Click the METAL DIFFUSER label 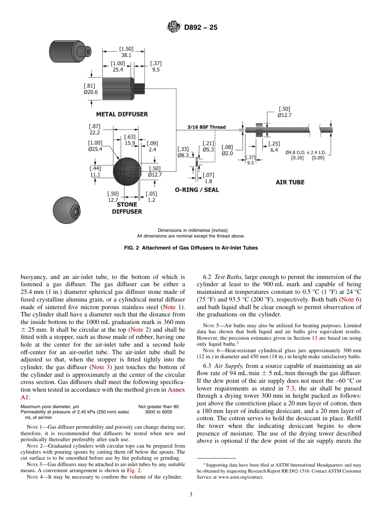coord(122,114)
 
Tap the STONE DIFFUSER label coord(127,208)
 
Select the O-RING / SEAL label coord(197,190)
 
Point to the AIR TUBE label coord(290,182)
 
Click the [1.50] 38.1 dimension coord(126,52)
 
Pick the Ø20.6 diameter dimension coord(90,92)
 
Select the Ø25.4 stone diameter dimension coord(95,149)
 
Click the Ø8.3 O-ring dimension coord(183,155)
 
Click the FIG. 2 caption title coord(191,248)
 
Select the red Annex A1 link coord(176,390)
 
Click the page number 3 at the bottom coord(191,495)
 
